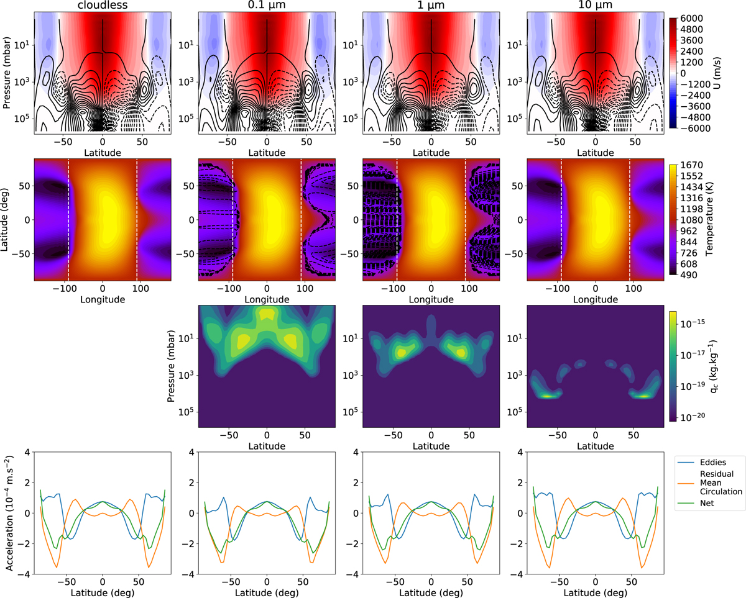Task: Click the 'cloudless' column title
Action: coord(103,6)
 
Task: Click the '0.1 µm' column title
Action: coord(267,6)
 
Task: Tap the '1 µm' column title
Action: coord(431,6)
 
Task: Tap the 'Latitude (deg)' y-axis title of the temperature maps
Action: coord(8,221)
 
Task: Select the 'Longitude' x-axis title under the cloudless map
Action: coord(103,299)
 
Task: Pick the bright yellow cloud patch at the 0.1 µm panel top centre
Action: coord(267,315)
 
